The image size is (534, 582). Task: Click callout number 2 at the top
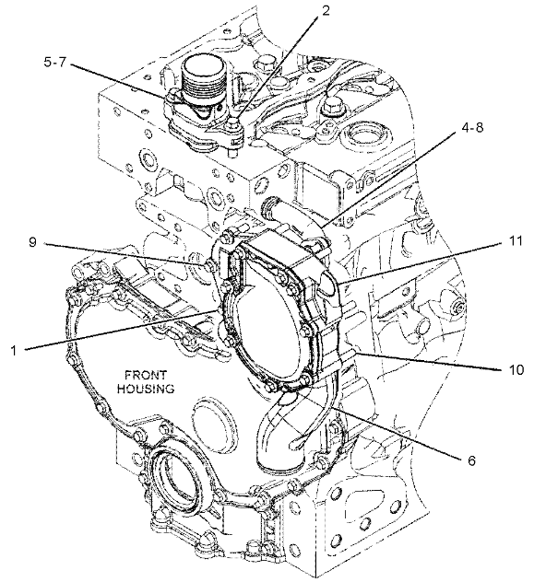point(326,10)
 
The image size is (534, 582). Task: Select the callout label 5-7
point(54,62)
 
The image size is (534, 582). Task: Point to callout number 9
point(32,242)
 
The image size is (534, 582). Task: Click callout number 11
point(514,241)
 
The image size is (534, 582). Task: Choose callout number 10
point(516,369)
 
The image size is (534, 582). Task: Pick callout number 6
point(471,460)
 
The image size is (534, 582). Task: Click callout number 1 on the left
point(14,350)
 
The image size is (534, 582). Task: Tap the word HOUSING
point(146,389)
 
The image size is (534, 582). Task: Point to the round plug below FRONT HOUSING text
point(214,421)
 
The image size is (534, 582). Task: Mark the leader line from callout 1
point(121,330)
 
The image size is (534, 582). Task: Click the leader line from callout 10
point(428,362)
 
